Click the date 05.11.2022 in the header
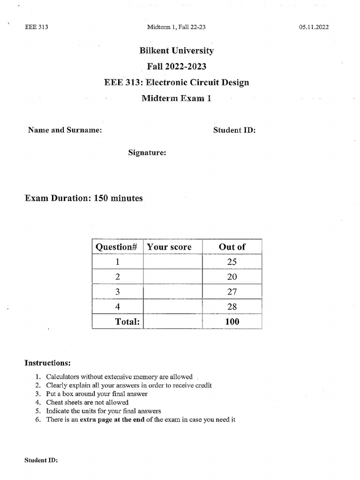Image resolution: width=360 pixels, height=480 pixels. pyautogui.click(x=314, y=27)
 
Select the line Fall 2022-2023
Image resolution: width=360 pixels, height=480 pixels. pyautogui.click(x=176, y=67)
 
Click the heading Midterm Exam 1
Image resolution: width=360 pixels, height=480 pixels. pyautogui.click(x=176, y=98)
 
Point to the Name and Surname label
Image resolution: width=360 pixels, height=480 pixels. pyautogui.click(x=65, y=130)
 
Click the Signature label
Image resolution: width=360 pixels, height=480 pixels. pyautogui.click(x=147, y=152)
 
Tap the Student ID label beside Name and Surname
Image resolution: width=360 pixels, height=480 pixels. pyautogui.click(x=234, y=130)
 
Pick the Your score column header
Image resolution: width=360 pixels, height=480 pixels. pyautogui.click(x=169, y=247)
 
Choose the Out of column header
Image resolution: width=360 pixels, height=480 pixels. pyautogui.click(x=232, y=247)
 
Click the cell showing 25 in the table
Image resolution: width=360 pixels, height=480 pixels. pyautogui.click(x=232, y=262)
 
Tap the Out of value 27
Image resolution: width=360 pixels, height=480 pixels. pyautogui.click(x=232, y=292)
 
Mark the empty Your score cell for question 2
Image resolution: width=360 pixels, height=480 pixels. pyautogui.click(x=173, y=277)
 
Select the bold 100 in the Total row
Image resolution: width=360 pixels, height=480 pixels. pyautogui.click(x=232, y=322)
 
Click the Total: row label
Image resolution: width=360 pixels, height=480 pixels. pyautogui.click(x=128, y=322)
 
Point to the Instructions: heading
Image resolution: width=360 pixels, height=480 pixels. pyautogui.click(x=48, y=363)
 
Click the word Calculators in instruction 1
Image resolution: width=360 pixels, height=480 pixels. pyautogui.click(x=64, y=377)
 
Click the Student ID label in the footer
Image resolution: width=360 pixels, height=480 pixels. pyautogui.click(x=41, y=461)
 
